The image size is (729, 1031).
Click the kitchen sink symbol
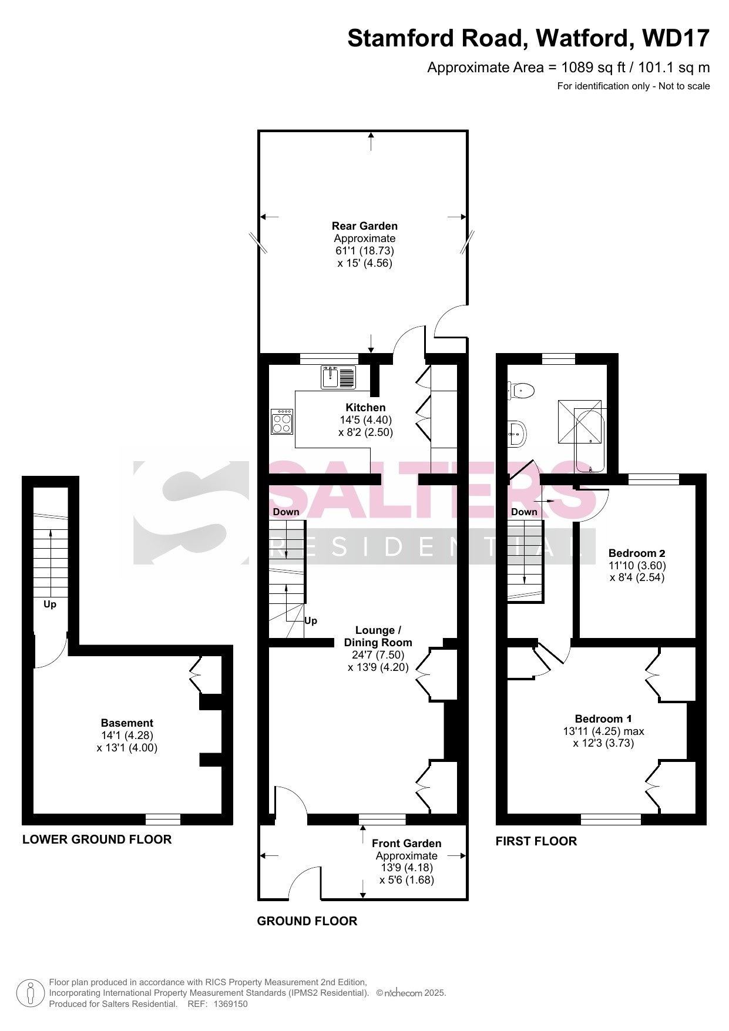click(338, 377)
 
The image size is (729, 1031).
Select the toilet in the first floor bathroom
click(521, 390)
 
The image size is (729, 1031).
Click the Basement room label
click(127, 723)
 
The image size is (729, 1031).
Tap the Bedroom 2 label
click(637, 553)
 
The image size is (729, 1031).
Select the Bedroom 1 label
click(603, 718)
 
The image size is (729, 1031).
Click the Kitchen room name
click(365, 408)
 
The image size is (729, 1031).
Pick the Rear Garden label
click(365, 226)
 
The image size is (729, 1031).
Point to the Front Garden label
click(407, 844)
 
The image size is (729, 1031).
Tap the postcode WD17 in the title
click(676, 38)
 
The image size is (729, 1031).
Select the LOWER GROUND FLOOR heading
click(97, 839)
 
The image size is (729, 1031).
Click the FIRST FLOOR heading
click(536, 841)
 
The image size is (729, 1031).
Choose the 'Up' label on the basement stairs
click(50, 605)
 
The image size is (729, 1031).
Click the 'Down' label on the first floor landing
click(524, 512)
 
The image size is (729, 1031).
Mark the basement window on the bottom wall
click(163, 820)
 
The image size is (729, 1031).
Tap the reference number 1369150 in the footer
click(230, 1004)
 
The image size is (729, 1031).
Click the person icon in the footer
click(30, 993)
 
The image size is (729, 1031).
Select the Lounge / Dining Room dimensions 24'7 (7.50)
click(378, 655)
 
